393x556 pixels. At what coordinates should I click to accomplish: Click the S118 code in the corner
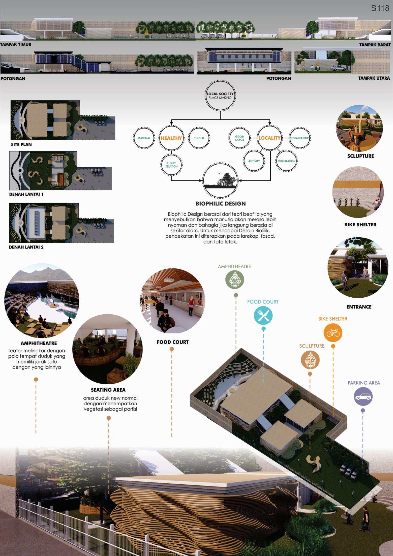coord(380,8)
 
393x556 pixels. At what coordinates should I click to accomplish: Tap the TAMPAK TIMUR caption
coord(16,45)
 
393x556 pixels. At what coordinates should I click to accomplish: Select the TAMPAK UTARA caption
coord(374,78)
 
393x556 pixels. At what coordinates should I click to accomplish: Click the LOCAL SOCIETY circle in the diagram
coord(220,96)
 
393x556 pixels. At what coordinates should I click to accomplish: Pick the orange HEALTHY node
coord(171,138)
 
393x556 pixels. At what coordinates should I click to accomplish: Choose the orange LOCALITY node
coord(269,138)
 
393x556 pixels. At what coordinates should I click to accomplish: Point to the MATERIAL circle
coord(144,138)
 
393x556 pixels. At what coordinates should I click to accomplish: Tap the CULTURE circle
coord(199,138)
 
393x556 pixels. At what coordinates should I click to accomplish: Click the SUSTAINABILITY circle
coord(299,138)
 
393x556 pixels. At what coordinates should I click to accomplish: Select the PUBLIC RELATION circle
coord(171,165)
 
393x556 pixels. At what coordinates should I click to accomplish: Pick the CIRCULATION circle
coord(286,161)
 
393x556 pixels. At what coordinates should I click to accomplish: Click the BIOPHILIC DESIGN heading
coord(221,204)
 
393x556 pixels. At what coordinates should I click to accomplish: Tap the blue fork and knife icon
coord(263,315)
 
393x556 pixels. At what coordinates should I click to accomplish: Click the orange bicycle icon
coord(333,333)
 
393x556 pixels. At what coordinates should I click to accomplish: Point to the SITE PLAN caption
coord(21,145)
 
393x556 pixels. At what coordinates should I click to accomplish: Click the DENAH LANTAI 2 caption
coord(26,247)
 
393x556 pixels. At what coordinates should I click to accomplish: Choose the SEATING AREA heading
coord(108,390)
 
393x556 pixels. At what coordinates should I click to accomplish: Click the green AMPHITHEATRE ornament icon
coord(235,280)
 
